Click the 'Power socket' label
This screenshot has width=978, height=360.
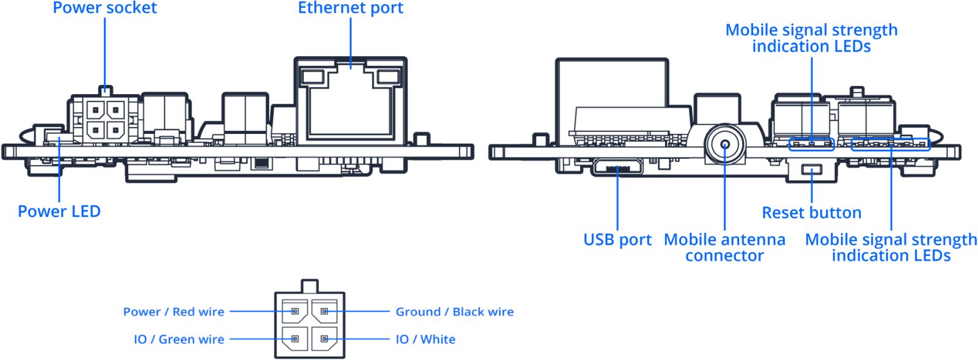[x=105, y=8]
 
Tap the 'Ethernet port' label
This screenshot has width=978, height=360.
[x=351, y=8]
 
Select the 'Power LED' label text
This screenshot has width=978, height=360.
[x=59, y=211]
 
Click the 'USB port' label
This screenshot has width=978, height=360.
[x=617, y=240]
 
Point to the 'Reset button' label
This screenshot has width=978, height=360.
[x=812, y=213]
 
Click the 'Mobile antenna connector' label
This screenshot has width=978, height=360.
[x=725, y=248]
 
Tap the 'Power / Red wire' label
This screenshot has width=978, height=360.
[x=174, y=312]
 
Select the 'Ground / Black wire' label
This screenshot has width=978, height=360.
[x=455, y=312]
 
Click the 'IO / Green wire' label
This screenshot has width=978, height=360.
[x=179, y=339]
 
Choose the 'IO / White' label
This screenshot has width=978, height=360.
[x=425, y=339]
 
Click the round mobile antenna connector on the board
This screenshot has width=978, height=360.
[x=725, y=144]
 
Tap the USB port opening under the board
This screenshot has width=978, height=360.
[x=617, y=167]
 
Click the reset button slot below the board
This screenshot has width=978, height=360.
[x=812, y=169]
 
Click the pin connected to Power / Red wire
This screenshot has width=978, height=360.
[x=295, y=312]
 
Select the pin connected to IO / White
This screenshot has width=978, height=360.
[x=325, y=339]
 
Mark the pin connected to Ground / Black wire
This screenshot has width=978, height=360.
[x=325, y=312]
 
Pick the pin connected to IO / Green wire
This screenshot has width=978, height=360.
[x=295, y=339]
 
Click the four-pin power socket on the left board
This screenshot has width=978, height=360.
[x=105, y=119]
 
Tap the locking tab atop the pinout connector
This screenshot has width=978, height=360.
[x=309, y=286]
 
